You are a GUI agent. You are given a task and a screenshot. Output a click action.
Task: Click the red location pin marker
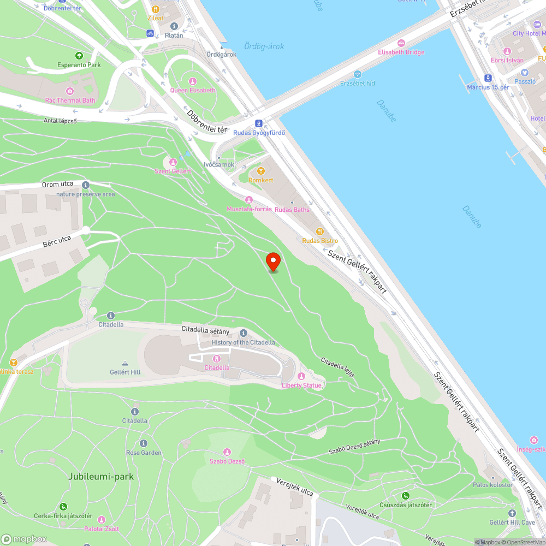(x=273, y=262)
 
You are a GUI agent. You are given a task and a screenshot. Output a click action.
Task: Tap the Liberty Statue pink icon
(x=301, y=376)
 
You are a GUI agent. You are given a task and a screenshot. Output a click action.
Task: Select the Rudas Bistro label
(x=320, y=241)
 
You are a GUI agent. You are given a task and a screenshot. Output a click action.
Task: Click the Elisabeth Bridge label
(x=401, y=52)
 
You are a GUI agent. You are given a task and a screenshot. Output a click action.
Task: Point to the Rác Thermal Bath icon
(x=70, y=91)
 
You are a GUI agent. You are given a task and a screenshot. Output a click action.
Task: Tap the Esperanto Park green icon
(x=79, y=56)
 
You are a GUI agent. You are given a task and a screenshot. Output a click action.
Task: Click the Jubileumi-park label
(x=101, y=477)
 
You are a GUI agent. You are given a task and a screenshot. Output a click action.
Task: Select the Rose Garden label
(x=144, y=453)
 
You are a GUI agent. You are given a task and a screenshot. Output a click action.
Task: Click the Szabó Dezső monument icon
(x=227, y=452)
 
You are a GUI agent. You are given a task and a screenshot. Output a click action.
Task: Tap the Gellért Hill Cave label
(x=512, y=523)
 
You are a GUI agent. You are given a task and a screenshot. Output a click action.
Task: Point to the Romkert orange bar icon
(x=260, y=171)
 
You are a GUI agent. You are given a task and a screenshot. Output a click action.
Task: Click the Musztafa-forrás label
(x=249, y=209)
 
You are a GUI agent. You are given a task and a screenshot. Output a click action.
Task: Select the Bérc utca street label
(x=57, y=241)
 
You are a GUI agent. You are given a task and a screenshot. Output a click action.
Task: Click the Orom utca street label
(x=57, y=185)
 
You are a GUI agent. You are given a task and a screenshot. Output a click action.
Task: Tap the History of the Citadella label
(x=244, y=342)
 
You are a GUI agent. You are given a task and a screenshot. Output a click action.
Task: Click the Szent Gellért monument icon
(x=173, y=162)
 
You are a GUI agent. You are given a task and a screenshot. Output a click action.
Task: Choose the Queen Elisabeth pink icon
(x=192, y=81)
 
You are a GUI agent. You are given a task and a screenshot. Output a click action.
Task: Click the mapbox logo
(x=25, y=538)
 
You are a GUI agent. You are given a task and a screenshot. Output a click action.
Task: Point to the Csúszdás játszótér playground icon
(x=405, y=496)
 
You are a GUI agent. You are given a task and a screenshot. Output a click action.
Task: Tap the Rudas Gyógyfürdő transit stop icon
(x=259, y=123)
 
